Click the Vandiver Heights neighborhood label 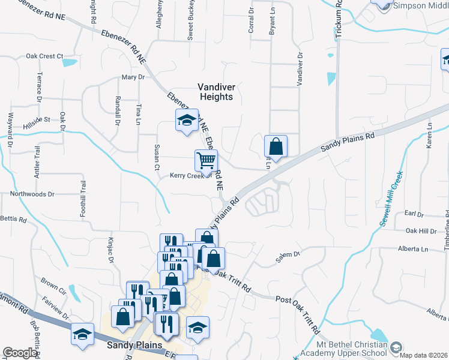click(x=216, y=91)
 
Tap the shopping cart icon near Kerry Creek click(x=206, y=161)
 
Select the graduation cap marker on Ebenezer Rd click(x=187, y=119)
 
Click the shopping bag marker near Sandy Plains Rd click(x=276, y=146)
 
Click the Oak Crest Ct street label click(x=44, y=56)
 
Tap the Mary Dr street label click(x=133, y=77)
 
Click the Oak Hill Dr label click(x=421, y=230)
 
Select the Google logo click(x=20, y=353)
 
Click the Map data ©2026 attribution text click(x=424, y=355)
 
